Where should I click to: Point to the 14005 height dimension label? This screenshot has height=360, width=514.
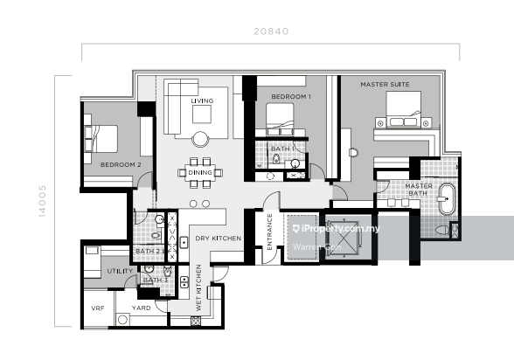42,201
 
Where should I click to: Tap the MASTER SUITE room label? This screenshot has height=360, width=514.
385,85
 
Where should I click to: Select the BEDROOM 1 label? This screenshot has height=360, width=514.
291,97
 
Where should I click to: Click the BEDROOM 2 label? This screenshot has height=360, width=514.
121,165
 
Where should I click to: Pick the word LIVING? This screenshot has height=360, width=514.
202,100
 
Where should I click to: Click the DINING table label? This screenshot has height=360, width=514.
200,173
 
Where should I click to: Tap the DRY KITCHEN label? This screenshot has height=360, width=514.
219,239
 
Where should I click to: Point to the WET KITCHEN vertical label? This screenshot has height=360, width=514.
198,288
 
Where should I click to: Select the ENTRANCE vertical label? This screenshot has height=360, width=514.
270,232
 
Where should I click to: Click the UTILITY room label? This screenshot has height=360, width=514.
120,271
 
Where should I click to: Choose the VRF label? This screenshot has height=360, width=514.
98,308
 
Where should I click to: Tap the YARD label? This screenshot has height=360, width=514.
142,308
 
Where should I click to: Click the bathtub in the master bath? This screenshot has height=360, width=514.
448,199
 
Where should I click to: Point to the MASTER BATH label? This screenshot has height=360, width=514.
418,190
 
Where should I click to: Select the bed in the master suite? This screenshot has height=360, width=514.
403,109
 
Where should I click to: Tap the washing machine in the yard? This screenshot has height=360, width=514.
122,320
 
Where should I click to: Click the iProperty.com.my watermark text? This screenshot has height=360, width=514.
337,229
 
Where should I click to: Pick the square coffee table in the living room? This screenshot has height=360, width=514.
202,114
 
